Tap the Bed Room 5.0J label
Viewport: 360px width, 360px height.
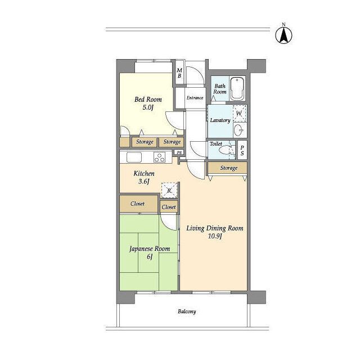(148, 103)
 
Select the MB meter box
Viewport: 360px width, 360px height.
(179, 73)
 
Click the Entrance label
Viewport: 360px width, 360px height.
(195, 98)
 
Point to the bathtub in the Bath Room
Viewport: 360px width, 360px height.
(237, 89)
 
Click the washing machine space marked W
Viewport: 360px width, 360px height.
(239, 114)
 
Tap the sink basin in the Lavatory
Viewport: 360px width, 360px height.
(238, 130)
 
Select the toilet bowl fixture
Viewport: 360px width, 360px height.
(226, 150)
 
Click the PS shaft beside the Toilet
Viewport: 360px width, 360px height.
(242, 150)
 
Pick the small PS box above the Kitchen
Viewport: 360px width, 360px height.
(179, 152)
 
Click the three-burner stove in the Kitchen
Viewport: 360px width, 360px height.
(159, 157)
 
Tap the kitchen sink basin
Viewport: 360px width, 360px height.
(134, 157)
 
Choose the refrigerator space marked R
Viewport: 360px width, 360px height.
(169, 190)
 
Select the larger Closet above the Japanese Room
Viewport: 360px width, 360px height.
(138, 204)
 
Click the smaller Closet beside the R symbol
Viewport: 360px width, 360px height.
(169, 207)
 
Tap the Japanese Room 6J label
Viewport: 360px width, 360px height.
(150, 253)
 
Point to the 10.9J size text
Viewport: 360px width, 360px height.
(215, 236)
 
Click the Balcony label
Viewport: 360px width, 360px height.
(187, 312)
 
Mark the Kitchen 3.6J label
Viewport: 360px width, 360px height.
(144, 177)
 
